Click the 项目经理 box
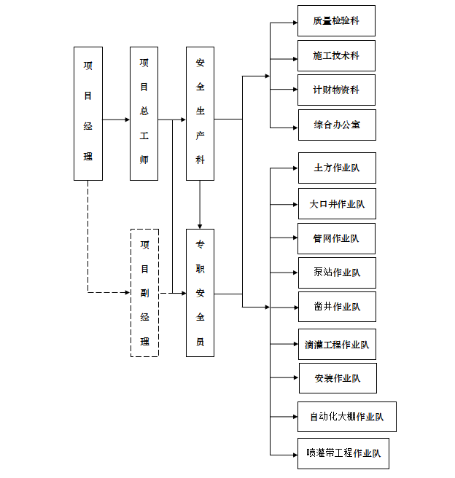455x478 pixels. pos(87,114)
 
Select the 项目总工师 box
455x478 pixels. pos(144,114)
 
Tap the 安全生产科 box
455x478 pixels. pos(200,114)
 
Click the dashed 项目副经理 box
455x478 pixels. pos(144,292)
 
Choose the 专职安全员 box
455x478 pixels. pos(200,292)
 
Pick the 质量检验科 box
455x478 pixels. pos(336,20)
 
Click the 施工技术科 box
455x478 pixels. pos(336,55)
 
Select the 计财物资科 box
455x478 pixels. pos(336,90)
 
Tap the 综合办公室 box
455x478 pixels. pos(336,125)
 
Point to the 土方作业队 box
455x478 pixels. pos(336,168)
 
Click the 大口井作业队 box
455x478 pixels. pos(336,203)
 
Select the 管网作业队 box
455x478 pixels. pos(336,238)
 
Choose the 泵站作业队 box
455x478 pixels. pos(336,273)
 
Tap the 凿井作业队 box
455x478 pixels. pos(336,307)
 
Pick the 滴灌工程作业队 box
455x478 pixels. pos(336,344)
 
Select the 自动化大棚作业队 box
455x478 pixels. pos(346,417)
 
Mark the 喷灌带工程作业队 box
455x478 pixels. pos(343,453)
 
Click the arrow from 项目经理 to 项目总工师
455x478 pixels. pos(116,119)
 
